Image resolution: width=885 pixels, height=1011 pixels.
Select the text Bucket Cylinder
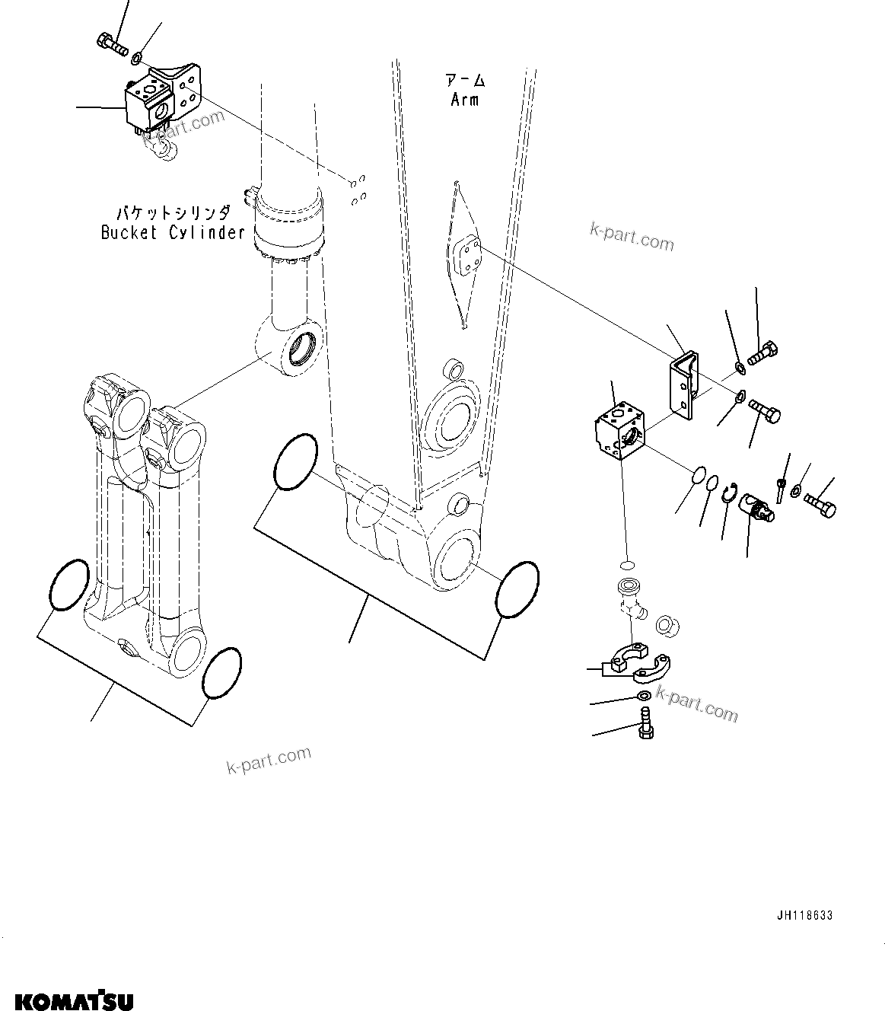[x=173, y=232]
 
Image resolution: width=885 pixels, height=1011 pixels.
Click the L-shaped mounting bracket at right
[x=683, y=387]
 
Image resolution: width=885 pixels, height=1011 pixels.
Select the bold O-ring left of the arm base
[x=294, y=462]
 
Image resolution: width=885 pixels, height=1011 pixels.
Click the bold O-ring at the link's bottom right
[x=222, y=672]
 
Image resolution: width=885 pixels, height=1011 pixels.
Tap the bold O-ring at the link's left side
[x=69, y=584]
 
